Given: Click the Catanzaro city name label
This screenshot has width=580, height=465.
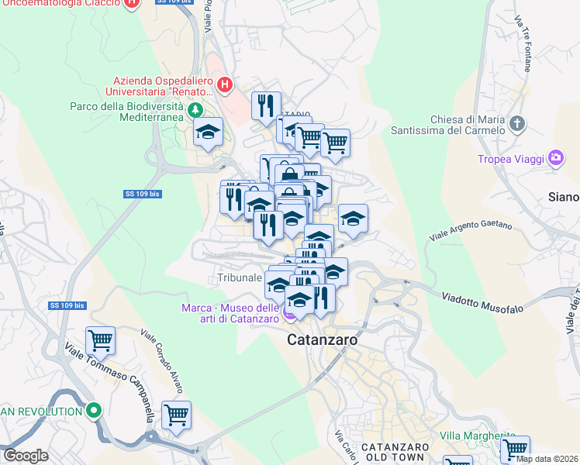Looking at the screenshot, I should pos(322,339).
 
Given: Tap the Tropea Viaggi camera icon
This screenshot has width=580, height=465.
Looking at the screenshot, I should pos(555,159).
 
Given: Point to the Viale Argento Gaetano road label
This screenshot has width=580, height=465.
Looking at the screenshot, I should pos(471,232).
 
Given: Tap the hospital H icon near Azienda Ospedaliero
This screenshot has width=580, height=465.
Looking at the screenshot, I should pos(225,84).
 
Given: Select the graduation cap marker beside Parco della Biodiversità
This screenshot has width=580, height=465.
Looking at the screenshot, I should pos(208,133).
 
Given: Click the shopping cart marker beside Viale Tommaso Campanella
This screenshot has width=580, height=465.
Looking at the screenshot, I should pos(100,339).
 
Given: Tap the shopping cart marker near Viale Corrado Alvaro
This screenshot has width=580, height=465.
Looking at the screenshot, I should pos(176,415).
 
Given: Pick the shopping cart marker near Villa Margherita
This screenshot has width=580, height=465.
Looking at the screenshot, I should pos(514,449).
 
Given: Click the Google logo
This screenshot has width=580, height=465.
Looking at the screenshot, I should pos(26,456).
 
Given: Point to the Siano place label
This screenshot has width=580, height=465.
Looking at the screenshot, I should pos(563,197).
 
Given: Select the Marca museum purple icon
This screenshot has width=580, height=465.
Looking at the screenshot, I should pos(290,315).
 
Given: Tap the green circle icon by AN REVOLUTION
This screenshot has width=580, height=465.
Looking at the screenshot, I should pos(95,411).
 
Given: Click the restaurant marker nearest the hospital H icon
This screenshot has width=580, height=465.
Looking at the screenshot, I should pos(266,106).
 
